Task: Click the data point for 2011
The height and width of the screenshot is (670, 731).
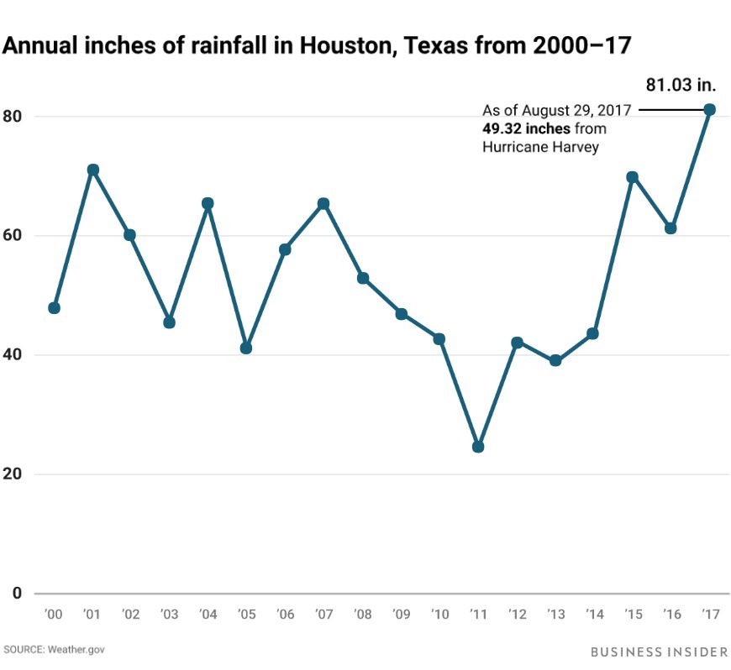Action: (478, 447)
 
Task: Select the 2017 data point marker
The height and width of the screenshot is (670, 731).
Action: (709, 109)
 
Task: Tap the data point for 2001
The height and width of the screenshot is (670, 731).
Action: (93, 170)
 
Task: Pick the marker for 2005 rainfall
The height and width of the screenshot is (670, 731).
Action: (246, 348)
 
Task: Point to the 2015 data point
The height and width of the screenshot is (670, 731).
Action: (632, 177)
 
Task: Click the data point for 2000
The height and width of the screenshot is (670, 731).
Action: (55, 308)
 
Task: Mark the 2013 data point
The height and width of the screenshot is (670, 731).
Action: (555, 361)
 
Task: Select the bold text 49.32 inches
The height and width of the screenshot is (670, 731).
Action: (526, 128)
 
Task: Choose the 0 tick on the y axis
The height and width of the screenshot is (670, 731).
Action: (16, 593)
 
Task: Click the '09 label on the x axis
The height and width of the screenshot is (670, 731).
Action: (401, 615)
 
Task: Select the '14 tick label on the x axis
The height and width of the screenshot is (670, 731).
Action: (593, 615)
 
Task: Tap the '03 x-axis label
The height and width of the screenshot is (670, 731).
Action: (170, 615)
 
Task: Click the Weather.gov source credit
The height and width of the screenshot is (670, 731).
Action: (78, 650)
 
